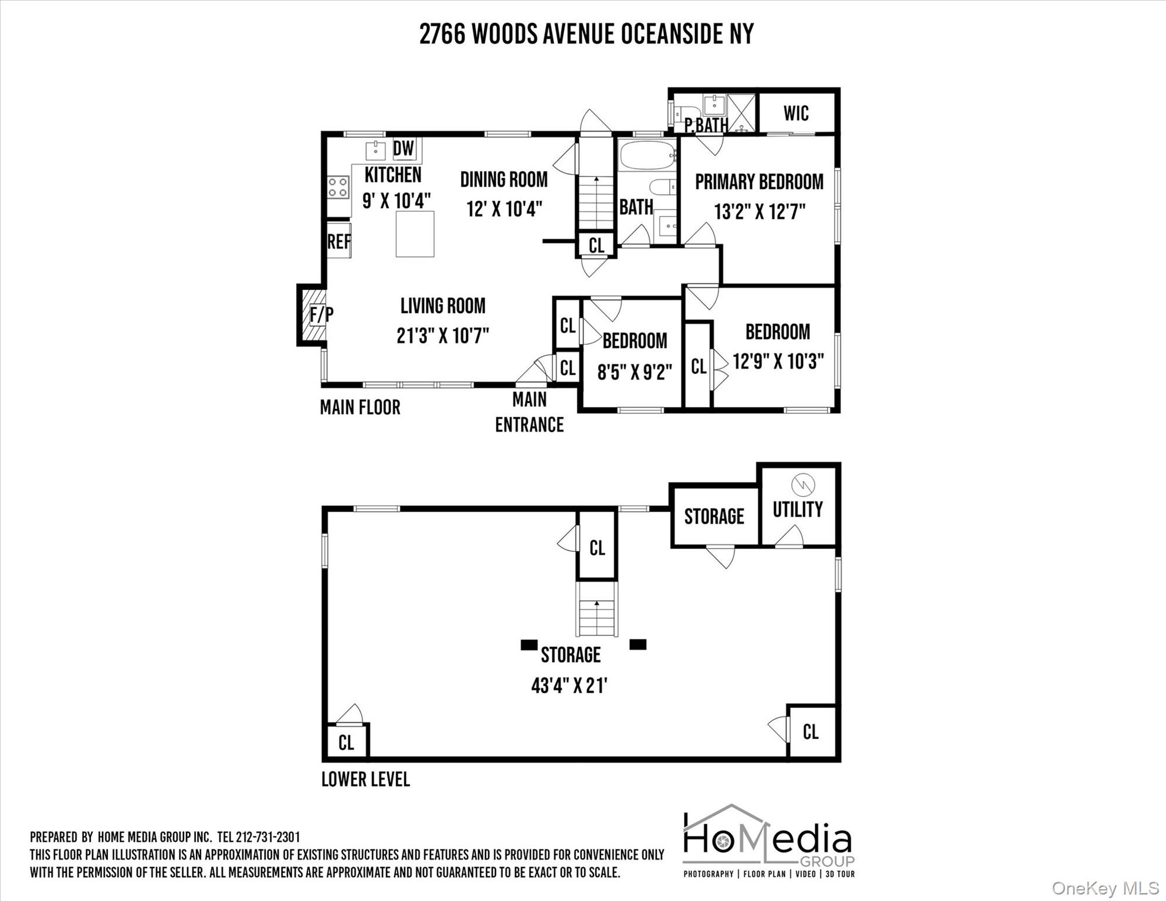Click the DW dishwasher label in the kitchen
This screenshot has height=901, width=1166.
pos(404,148)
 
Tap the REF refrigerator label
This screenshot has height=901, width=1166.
pos(339,241)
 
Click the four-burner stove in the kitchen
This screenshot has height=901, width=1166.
pos(338,187)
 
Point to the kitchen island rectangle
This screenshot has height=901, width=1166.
pos(415,233)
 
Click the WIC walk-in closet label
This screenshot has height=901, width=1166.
pos(796,113)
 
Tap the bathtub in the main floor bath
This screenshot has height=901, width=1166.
pos(648,155)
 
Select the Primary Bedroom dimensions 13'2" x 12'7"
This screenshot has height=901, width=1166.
pos(759,211)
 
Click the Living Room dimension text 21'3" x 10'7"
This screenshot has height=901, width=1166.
pos(443,336)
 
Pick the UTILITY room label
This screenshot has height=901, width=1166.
pos(798,509)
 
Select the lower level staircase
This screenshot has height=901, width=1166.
pos(597,609)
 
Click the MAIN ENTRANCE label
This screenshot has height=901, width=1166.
pos(530,412)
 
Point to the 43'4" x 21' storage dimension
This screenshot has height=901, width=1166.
pos(569,685)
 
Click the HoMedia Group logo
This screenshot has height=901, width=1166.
pos(769,841)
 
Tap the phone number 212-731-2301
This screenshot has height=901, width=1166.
pos(267,837)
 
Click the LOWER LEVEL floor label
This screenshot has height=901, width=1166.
pos(365,779)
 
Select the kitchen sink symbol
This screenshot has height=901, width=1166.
pos(375,150)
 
